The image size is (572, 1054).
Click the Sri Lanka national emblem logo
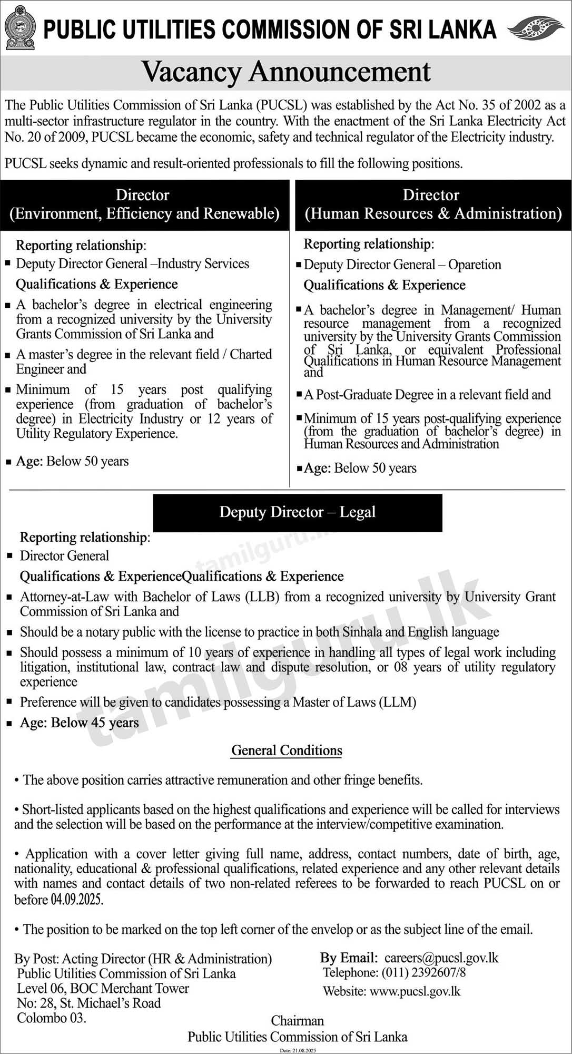pyautogui.click(x=20, y=27)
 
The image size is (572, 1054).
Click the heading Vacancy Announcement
pyautogui.click(x=286, y=72)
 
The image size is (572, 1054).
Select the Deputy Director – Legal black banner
pyautogui.click(x=298, y=512)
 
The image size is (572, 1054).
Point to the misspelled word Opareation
pyautogui.click(x=475, y=265)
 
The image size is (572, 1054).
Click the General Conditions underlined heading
pyautogui.click(x=287, y=750)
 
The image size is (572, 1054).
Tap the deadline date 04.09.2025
pyautogui.click(x=76, y=899)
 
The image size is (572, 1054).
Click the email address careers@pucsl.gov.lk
pyautogui.click(x=441, y=958)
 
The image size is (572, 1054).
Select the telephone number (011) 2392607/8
pyautogui.click(x=422, y=972)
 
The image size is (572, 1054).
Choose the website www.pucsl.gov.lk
pyautogui.click(x=415, y=991)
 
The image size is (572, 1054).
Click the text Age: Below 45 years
pyautogui.click(x=80, y=723)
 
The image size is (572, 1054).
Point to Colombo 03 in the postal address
pyautogui.click(x=51, y=1018)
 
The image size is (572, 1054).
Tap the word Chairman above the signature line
pyautogui.click(x=298, y=1021)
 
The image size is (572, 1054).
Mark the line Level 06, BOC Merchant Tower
pyautogui.click(x=103, y=988)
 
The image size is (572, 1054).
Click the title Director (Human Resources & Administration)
pyautogui.click(x=433, y=204)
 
